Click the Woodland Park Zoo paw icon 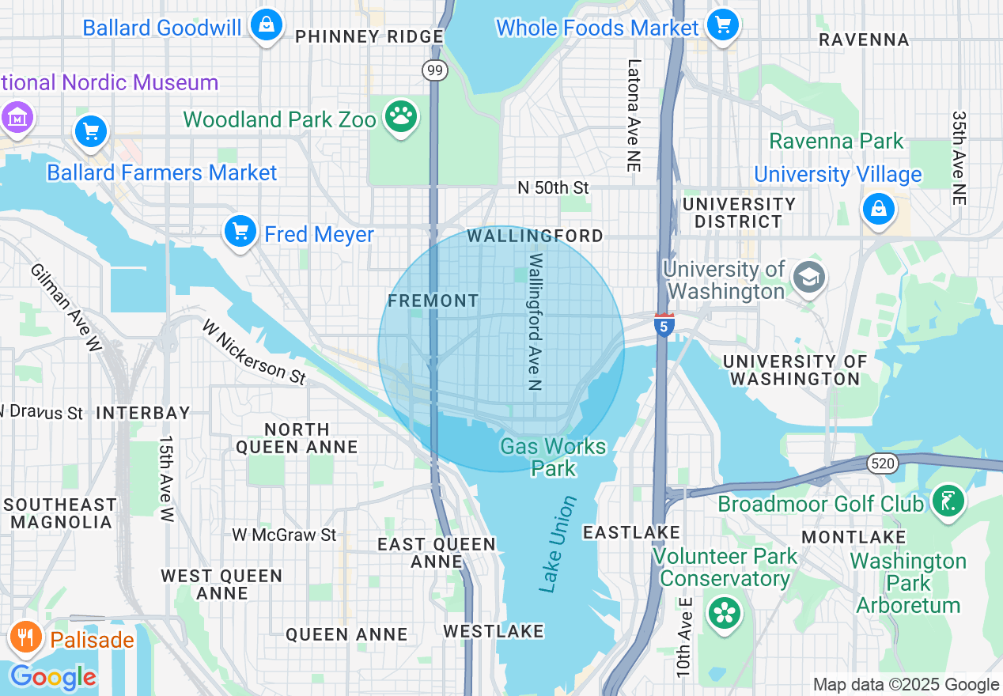pos(401,117)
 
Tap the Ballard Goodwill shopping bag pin pos(267,25)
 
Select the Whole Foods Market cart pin pos(722,25)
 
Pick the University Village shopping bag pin pos(878,210)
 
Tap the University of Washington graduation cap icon pos(808,278)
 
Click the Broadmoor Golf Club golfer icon pos(947,501)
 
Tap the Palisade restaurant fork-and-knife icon pos(25,637)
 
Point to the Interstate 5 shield pos(664,325)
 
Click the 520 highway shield pos(882,463)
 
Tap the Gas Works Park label pos(553,457)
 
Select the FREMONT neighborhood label pos(433,301)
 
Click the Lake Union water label pos(558,544)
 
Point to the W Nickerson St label pos(253,351)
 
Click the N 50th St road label pos(554,187)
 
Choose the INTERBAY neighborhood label pos(143,413)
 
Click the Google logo pos(52,678)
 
